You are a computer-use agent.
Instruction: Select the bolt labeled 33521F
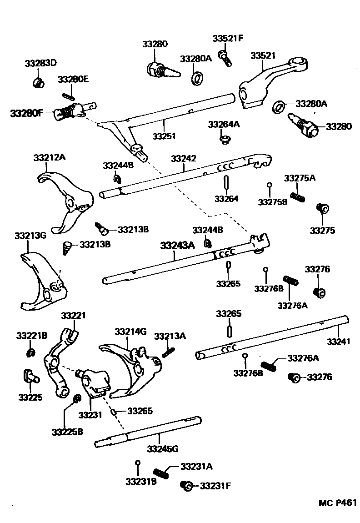224,57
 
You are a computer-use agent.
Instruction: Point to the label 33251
164,136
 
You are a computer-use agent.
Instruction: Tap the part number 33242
184,158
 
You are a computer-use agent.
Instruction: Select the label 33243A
177,246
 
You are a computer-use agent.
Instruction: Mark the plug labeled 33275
323,209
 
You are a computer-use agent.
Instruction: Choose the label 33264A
223,124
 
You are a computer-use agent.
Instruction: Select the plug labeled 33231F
186,486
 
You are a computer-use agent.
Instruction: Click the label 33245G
162,449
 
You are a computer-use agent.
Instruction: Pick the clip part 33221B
31,352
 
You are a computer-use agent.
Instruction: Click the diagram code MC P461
337,503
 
